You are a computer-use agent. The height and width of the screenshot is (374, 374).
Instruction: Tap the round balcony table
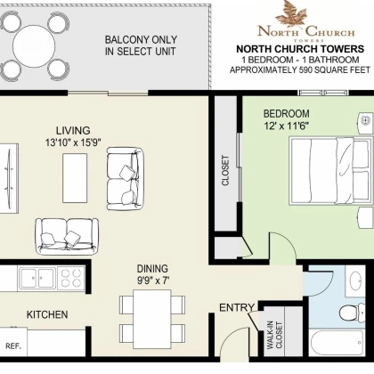(34, 46)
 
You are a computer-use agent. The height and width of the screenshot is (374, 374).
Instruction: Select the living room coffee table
(75, 178)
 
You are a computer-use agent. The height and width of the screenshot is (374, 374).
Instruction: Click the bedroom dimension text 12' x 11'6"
(287, 126)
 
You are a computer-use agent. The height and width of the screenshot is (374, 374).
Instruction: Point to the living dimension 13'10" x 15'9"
(73, 142)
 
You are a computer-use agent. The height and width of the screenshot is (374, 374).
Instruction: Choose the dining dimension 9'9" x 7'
(152, 280)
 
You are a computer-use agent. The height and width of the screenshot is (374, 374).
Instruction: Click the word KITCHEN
(47, 314)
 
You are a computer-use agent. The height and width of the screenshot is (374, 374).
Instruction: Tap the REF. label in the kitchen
(13, 346)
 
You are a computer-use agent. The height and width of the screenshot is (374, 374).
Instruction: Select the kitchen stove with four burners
(71, 278)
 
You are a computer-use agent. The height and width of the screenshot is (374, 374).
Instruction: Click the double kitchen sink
(37, 278)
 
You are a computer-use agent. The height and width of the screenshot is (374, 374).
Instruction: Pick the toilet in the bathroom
(353, 313)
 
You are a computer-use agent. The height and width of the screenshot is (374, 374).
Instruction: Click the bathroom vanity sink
(355, 280)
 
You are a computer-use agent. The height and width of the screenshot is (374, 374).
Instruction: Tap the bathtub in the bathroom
(337, 342)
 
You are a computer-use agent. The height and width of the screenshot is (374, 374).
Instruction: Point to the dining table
(152, 319)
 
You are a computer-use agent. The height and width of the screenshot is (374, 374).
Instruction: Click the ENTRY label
(237, 308)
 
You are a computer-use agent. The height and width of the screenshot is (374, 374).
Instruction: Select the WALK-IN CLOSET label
(274, 335)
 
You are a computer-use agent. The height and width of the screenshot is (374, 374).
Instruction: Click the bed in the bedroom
(330, 171)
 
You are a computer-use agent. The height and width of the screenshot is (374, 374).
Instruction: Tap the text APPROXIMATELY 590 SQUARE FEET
(300, 70)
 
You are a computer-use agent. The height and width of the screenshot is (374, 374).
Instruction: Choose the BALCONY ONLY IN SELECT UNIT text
(141, 45)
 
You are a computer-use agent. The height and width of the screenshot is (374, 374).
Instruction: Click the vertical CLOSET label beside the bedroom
(225, 171)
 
